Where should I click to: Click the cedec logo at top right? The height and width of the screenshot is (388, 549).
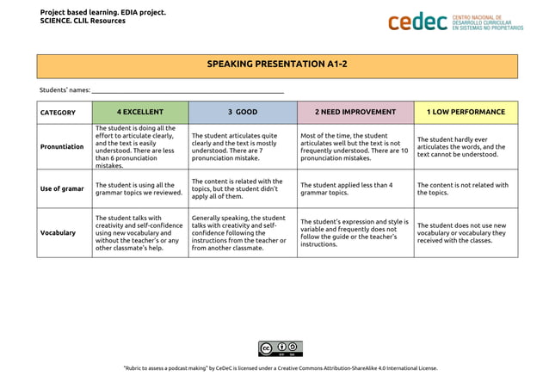pyautogui.click(x=455, y=22)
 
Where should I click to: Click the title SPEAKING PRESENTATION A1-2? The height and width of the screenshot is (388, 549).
pyautogui.click(x=277, y=65)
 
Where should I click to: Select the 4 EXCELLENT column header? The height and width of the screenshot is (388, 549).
pyautogui.click(x=139, y=112)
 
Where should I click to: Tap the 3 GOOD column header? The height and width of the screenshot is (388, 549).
pyautogui.click(x=243, y=112)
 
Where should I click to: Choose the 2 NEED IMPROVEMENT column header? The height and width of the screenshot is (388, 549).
pyautogui.click(x=355, y=112)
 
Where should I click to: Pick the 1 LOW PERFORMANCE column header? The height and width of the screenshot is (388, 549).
pyautogui.click(x=466, y=112)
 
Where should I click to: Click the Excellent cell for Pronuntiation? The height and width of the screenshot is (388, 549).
pyautogui.click(x=139, y=146)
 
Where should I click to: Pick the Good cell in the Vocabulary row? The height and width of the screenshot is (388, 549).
pyautogui.click(x=243, y=232)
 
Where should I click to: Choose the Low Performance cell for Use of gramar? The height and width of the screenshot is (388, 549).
pyautogui.click(x=466, y=188)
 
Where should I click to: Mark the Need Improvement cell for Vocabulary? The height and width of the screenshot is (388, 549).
pyautogui.click(x=355, y=232)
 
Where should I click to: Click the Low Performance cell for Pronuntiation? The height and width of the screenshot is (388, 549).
pyautogui.click(x=466, y=146)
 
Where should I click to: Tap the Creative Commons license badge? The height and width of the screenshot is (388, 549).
pyautogui.click(x=280, y=348)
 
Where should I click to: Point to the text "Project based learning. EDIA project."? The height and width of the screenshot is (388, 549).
pyautogui.click(x=103, y=12)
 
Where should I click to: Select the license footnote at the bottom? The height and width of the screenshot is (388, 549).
pyautogui.click(x=280, y=368)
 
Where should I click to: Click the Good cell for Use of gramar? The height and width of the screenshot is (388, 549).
pyautogui.click(x=243, y=188)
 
